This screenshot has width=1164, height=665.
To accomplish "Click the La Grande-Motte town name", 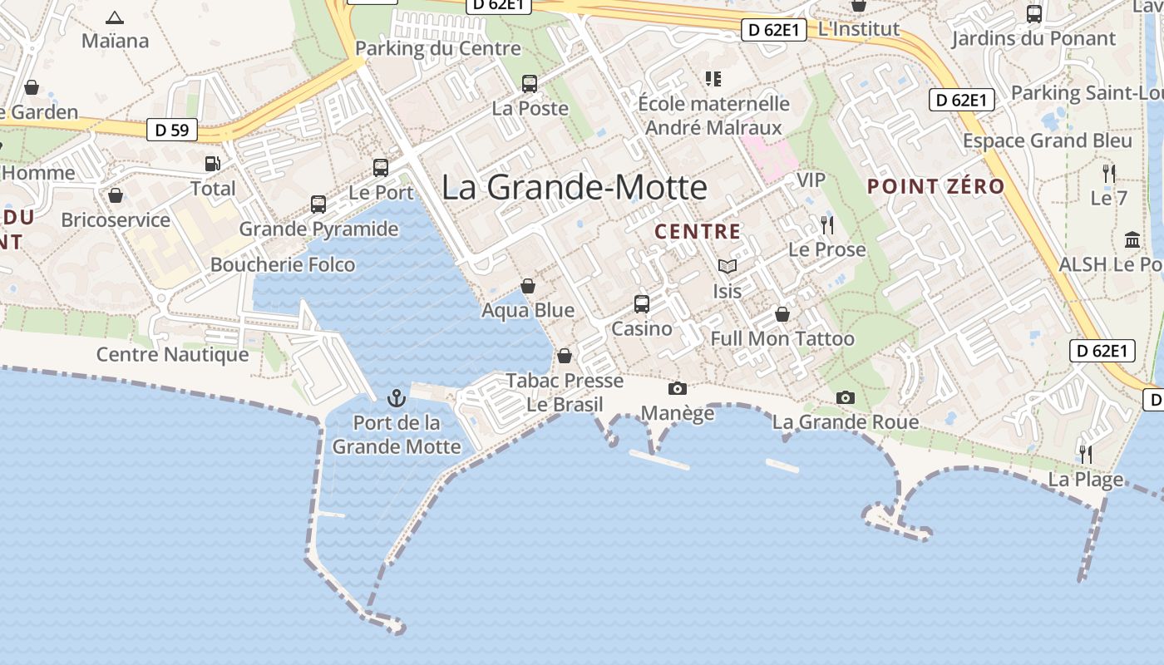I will point(574,187).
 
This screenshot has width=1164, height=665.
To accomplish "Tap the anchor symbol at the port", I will point(397,397).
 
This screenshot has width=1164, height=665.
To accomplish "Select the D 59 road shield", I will point(172,130).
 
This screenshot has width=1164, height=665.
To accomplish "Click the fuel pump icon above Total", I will point(213,164).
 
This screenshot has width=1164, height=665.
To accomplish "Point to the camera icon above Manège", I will point(678,388).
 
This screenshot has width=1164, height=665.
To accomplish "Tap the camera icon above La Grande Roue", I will point(846,397).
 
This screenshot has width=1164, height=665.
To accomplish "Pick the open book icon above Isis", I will point(727,266).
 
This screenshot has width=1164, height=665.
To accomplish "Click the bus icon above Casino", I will point(641,303).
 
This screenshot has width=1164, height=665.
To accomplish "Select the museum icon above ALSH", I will point(1132,239).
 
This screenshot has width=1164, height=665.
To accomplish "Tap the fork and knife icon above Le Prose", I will point(826,225).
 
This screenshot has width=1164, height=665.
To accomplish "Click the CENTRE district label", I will point(698,232).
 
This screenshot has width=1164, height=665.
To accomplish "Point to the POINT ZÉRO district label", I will point(936,186).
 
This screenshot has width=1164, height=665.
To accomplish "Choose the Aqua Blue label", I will point(528,310).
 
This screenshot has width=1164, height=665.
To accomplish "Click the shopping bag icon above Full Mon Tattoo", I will point(782,314).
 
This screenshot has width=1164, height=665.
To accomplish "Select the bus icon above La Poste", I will point(530,83).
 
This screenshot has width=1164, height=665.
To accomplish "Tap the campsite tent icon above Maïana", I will point(115,17).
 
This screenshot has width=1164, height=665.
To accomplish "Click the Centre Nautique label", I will point(173,354).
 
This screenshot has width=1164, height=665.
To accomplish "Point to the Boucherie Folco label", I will point(283,264).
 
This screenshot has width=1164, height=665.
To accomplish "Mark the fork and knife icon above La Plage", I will point(1085,454).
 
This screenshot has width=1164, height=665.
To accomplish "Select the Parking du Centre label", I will point(438,48).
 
